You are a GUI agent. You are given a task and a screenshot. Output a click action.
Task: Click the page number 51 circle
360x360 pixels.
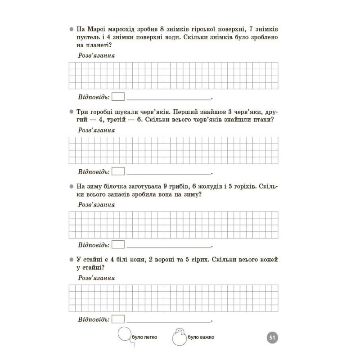click(x=272, y=338)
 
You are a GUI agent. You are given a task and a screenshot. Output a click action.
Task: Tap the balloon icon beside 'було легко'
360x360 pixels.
click(x=124, y=335)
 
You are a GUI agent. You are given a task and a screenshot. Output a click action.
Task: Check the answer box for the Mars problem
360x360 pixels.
click(x=118, y=97)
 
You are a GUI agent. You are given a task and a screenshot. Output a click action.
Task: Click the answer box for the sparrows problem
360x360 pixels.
click(x=118, y=171)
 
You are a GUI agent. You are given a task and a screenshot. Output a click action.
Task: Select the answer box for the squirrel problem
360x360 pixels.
click(x=118, y=245)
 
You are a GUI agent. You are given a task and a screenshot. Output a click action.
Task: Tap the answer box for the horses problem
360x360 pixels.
click(x=118, y=319)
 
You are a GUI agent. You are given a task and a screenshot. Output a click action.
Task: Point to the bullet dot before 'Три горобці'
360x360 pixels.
click(x=71, y=112)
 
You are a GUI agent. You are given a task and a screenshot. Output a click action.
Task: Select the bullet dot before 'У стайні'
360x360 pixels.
click(x=71, y=260)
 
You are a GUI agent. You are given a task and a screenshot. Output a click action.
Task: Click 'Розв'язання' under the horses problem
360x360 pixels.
click(x=96, y=278)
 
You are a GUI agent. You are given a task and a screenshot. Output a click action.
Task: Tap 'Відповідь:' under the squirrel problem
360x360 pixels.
click(x=94, y=245)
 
